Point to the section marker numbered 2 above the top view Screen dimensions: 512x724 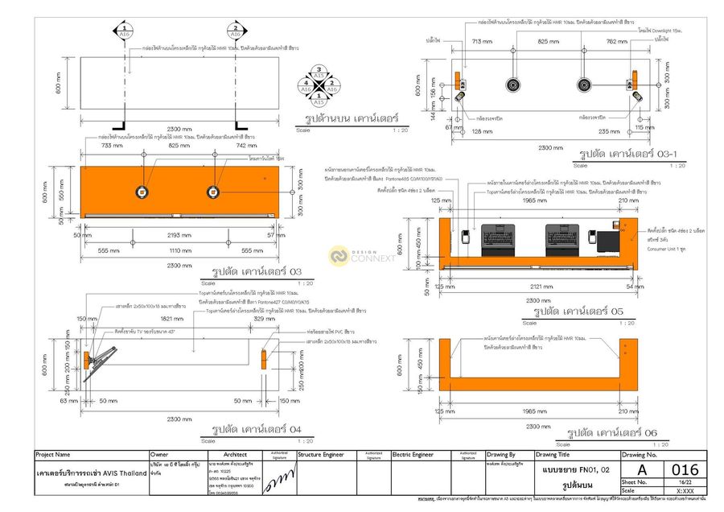(235, 32)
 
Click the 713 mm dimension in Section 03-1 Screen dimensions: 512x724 (482, 41)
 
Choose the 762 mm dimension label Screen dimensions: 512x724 (617, 41)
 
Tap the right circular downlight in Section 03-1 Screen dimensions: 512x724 (585, 85)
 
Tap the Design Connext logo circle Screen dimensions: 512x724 (338, 256)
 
